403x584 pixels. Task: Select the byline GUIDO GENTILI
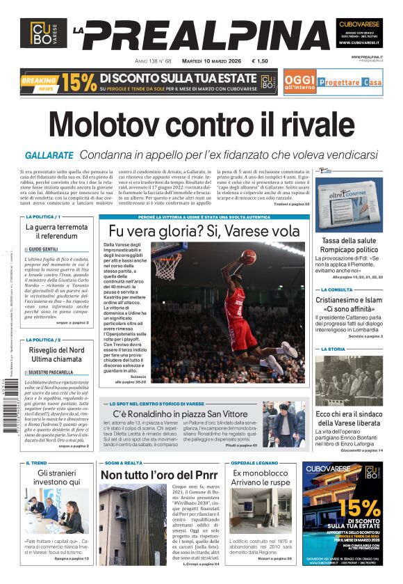[43, 248]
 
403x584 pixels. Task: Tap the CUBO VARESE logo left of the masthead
[43, 33]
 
